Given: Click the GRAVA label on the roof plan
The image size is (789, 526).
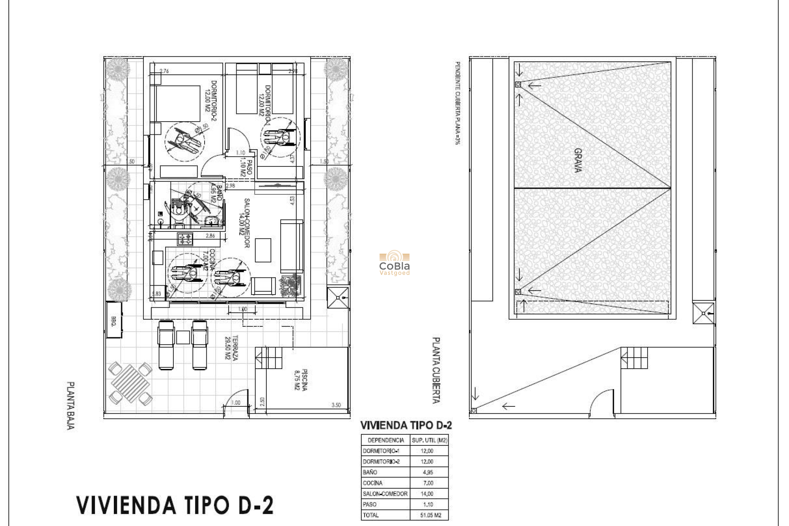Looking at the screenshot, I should pyautogui.click(x=577, y=160).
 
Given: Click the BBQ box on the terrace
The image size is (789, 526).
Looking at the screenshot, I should pyautogui.click(x=114, y=320).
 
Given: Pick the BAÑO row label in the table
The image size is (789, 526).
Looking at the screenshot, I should pyautogui.click(x=370, y=472).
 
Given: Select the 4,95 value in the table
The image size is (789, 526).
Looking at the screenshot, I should pyautogui.click(x=427, y=472).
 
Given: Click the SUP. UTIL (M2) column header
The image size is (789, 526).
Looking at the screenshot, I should pyautogui.click(x=429, y=440).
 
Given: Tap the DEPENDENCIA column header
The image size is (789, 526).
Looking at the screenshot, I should pyautogui.click(x=385, y=440).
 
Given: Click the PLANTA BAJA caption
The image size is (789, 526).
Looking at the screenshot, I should pyautogui.click(x=70, y=406).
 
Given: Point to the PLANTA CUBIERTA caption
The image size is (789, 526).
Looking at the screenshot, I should pyautogui.click(x=436, y=370).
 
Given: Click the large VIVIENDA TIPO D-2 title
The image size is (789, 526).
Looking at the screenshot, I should pyautogui.click(x=175, y=505).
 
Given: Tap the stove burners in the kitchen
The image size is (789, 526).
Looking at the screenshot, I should pyautogui.click(x=185, y=239).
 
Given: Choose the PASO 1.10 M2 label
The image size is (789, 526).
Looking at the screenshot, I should pyautogui.click(x=246, y=167).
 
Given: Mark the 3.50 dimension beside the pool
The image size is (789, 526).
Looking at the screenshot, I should pyautogui.click(x=336, y=405).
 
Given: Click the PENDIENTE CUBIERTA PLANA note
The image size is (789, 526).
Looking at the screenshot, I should pyautogui.click(x=457, y=102).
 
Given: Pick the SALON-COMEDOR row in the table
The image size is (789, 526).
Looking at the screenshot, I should pyautogui.click(x=385, y=494).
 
